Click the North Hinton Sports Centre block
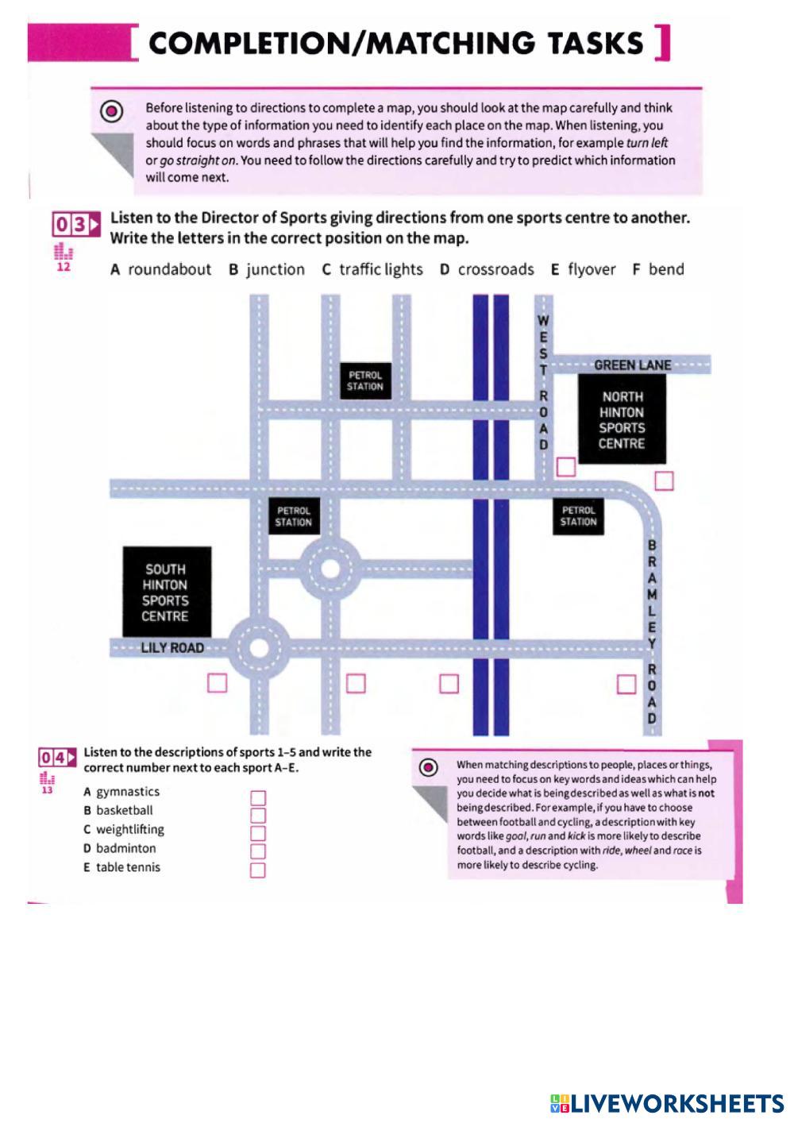pos(622,419)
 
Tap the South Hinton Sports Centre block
pos(166,592)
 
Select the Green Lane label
pos(632,365)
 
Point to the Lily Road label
pos(172,648)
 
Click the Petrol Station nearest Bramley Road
pos(578,515)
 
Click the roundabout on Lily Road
pos(259,647)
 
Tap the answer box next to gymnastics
pos(258,797)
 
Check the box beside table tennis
pos(258,870)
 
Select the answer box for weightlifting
pos(258,833)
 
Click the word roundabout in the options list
pos(169,270)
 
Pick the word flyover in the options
pos(592,270)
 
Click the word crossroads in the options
pos(495,270)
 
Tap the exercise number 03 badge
pos(76,225)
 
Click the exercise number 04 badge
pos(59,758)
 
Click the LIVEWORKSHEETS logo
pos(666,1102)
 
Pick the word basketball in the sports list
pos(124,811)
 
